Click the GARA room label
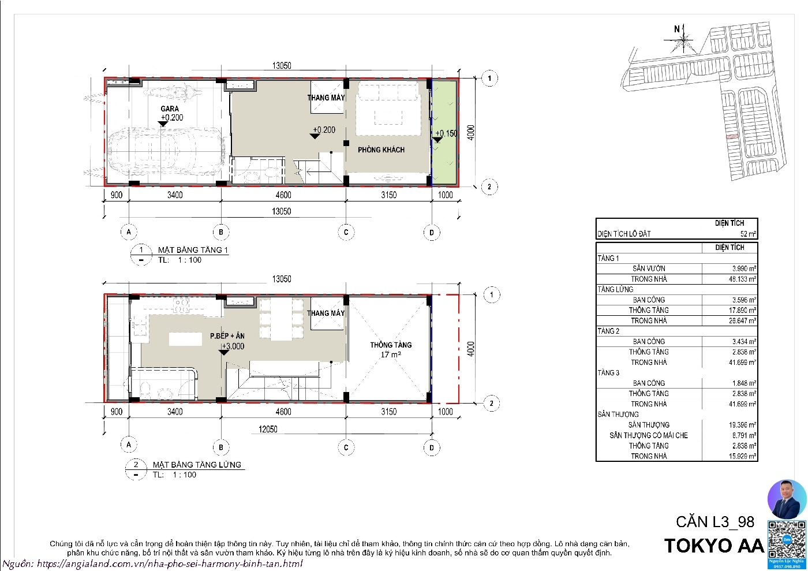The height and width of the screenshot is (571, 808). [x=170, y=109]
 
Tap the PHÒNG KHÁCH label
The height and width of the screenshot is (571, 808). [x=381, y=150]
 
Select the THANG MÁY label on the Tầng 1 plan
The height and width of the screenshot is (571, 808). [x=326, y=98]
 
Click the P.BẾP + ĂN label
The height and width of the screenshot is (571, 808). [x=227, y=336]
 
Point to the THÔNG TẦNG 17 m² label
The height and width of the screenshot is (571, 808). [x=391, y=349]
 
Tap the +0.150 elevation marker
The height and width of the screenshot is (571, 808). [x=446, y=133]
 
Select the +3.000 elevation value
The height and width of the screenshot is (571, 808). [x=233, y=346]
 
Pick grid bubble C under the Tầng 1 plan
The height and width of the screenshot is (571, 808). [x=346, y=233]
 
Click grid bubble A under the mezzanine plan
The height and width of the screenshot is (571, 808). [x=129, y=445]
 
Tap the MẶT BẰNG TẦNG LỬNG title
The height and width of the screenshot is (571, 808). [x=197, y=465]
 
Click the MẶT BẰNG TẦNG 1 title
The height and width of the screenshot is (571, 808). [x=193, y=250]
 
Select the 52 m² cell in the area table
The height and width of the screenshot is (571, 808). [x=748, y=234]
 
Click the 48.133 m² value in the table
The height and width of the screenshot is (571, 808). [x=742, y=279]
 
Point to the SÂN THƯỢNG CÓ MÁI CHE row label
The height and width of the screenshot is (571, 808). [x=649, y=435]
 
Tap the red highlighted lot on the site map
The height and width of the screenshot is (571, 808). [x=731, y=137]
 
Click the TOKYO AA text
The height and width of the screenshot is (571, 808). [x=715, y=546]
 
